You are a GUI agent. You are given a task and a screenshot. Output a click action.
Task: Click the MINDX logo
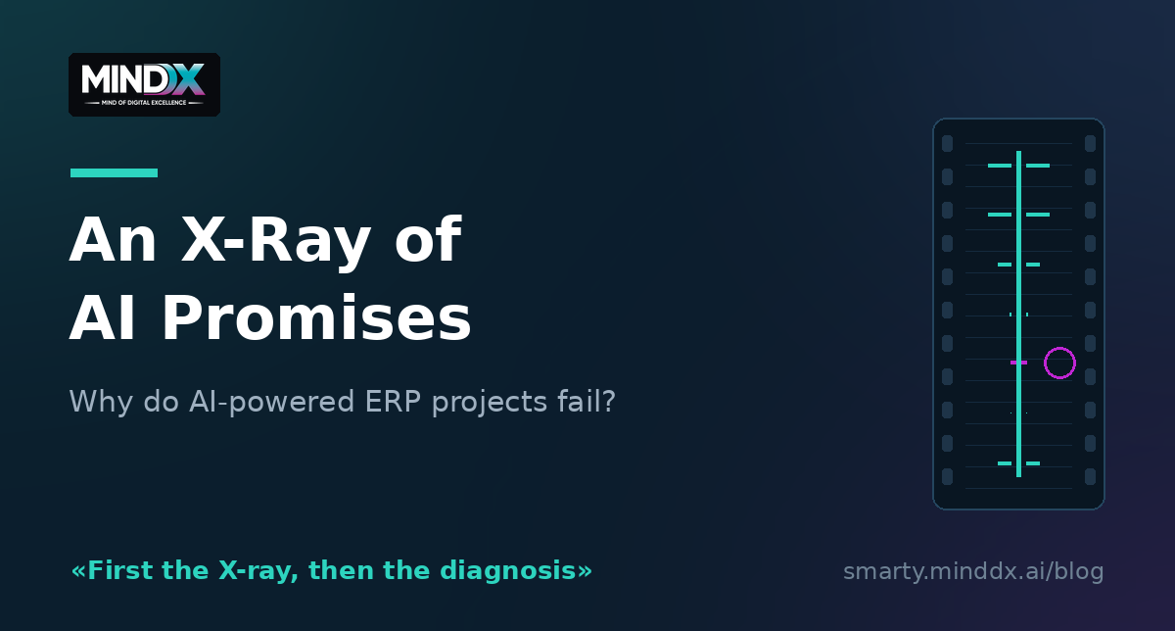pyautogui.click(x=144, y=84)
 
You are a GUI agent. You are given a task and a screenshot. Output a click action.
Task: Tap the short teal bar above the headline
pyautogui.click(x=114, y=172)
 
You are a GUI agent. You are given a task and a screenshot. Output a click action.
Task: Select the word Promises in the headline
pyautogui.click(x=316, y=318)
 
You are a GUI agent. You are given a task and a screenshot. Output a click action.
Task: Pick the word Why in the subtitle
pyautogui.click(x=101, y=402)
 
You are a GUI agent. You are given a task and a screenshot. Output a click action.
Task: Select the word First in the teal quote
pyautogui.click(x=121, y=570)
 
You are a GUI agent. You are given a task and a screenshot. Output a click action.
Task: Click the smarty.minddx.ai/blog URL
pyautogui.click(x=973, y=571)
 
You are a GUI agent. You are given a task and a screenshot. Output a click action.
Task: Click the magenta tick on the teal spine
pyautogui.click(x=1018, y=363)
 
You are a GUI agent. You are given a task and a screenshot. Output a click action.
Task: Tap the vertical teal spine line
pyautogui.click(x=1018, y=314)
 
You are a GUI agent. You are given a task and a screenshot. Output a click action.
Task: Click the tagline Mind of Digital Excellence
pyautogui.click(x=144, y=103)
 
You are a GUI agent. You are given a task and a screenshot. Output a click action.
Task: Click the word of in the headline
pyautogui.click(x=428, y=240)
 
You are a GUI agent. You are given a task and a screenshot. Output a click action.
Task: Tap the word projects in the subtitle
pyautogui.click(x=489, y=402)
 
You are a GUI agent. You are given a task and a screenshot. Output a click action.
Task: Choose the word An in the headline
pyautogui.click(x=113, y=240)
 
